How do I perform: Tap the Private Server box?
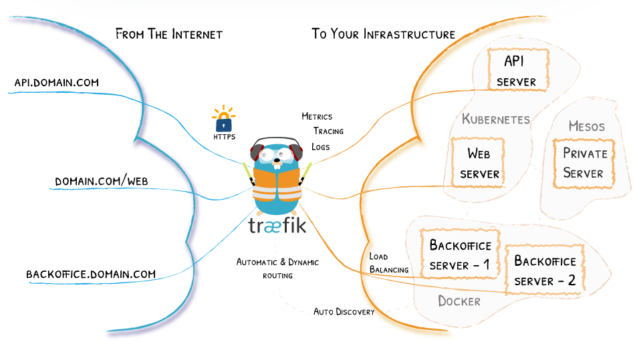click(x=584, y=163)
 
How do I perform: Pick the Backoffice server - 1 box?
click(x=460, y=255)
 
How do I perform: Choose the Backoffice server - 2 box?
click(x=544, y=271)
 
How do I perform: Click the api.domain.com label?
click(x=56, y=83)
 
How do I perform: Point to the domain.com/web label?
click(x=100, y=182)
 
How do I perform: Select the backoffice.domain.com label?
click(x=91, y=274)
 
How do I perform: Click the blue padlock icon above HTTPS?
click(x=223, y=122)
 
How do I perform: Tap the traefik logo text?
click(x=277, y=225)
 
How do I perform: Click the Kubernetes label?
click(x=495, y=120)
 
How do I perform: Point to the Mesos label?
click(x=586, y=126)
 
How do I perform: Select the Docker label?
click(x=459, y=301)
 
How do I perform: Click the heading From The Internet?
click(x=168, y=34)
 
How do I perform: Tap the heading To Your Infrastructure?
click(x=383, y=34)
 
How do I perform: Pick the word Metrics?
click(x=317, y=116)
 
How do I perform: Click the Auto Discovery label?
click(x=344, y=312)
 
